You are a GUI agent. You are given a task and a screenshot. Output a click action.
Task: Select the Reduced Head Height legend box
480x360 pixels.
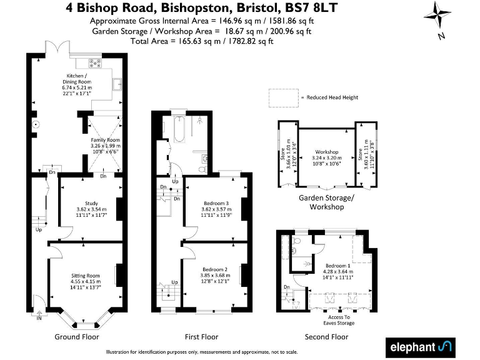[282, 97]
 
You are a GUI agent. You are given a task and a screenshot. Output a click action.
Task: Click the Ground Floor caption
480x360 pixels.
[76, 337]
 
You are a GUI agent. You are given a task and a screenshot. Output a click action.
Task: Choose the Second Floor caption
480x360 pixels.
[326, 337]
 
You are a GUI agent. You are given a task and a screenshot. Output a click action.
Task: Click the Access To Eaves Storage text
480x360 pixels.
[339, 319]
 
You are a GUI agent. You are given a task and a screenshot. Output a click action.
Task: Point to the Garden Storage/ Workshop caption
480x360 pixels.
[326, 202]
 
